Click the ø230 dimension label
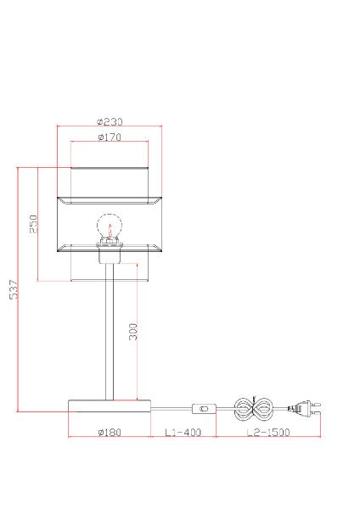click(110, 121)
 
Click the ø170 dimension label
click(110, 137)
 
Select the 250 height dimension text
click(34, 224)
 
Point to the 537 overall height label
click(14, 289)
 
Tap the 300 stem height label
click(133, 332)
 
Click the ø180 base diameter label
click(110, 433)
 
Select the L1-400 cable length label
click(183, 433)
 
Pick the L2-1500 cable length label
click(268, 433)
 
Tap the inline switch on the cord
click(204, 409)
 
